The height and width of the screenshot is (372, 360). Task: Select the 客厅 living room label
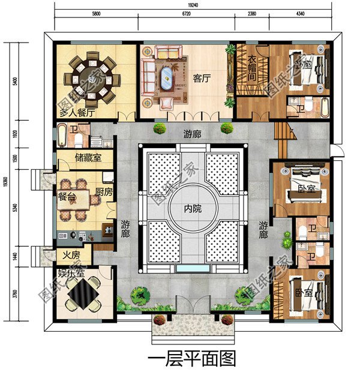pyautogui.click(x=201, y=78)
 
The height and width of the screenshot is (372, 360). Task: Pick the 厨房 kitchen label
pyautogui.click(x=104, y=193)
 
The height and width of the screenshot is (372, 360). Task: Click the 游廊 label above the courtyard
pyautogui.click(x=192, y=135)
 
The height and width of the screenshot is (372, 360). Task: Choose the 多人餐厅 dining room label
pyautogui.click(x=77, y=112)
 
